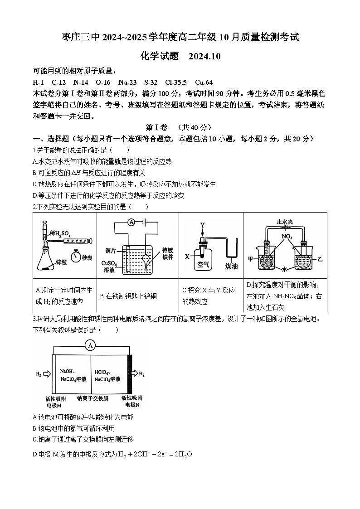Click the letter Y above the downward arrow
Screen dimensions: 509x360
(203, 225)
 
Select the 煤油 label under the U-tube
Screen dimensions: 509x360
(231, 266)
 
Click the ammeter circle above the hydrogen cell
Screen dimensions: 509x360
(91, 345)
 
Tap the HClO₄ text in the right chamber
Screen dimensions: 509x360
(102, 372)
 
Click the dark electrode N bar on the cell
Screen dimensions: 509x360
(130, 374)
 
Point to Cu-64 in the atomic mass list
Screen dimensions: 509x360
(204, 82)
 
